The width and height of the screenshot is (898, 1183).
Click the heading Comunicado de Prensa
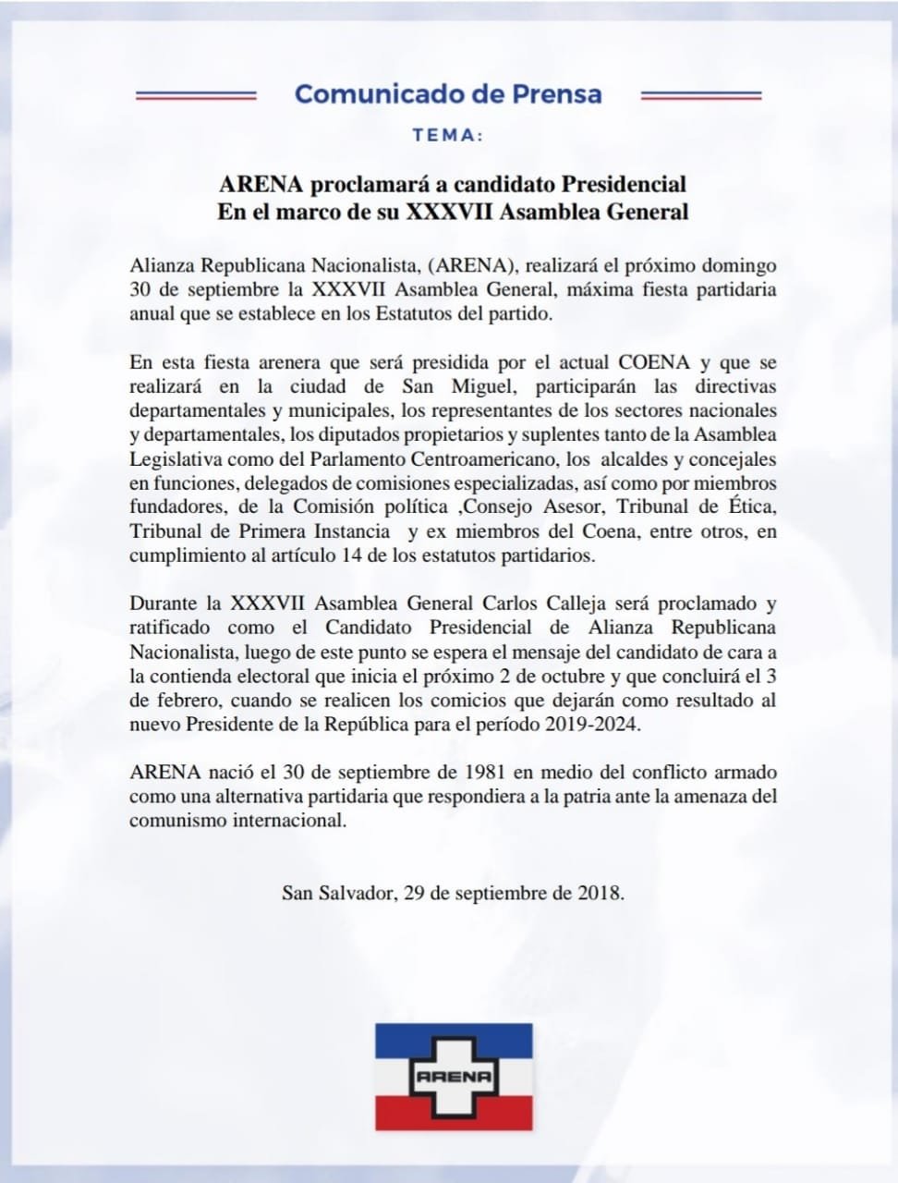[x=448, y=94]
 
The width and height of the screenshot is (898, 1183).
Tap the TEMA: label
[x=448, y=135]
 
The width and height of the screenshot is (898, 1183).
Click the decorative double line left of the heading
[x=195, y=94]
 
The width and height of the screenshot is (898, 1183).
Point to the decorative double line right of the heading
[x=700, y=94]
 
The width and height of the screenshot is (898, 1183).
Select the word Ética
[x=751, y=506]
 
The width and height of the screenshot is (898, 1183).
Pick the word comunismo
[x=175, y=820]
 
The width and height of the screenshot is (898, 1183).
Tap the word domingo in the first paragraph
[x=736, y=266]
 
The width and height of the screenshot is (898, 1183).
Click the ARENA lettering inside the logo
[x=453, y=1076]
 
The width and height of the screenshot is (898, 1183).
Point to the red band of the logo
[x=453, y=1109]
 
